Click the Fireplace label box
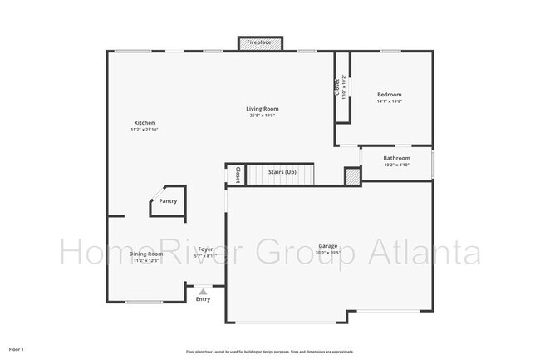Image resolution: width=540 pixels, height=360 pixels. click(258, 42)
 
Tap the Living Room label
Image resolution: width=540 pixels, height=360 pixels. click(261, 109)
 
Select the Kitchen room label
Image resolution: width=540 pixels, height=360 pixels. click(145, 123)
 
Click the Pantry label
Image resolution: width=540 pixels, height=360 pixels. click(168, 200)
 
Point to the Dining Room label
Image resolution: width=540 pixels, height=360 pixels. click(145, 254)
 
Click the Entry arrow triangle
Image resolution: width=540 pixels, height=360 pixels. click(203, 291)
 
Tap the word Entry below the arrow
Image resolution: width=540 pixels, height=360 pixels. click(203, 299)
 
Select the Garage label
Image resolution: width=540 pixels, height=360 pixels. click(328, 246)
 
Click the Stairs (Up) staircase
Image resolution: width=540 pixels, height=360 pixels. click(282, 174)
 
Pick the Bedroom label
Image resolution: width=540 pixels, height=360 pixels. click(390, 95)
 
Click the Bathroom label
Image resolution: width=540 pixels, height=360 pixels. click(396, 158)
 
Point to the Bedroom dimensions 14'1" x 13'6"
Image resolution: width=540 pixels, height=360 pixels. click(390, 102)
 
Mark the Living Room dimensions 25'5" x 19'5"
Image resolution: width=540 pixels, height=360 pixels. click(261, 116)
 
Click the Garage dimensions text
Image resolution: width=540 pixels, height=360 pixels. click(328, 254)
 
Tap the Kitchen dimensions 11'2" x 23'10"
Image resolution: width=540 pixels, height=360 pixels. click(145, 131)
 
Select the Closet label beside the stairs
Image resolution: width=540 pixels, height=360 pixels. click(238, 175)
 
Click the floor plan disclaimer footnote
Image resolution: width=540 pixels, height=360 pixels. click(269, 349)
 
